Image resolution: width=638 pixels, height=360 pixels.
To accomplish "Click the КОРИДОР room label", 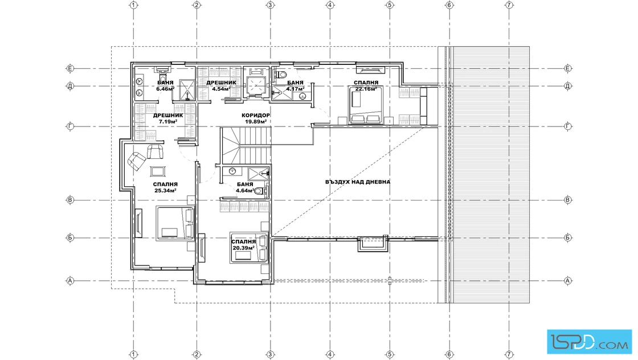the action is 256,115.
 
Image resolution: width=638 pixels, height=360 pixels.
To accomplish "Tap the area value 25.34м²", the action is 165,190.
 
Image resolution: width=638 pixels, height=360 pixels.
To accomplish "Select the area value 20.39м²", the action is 244,248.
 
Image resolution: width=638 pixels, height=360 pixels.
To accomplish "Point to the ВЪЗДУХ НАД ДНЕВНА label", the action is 358,182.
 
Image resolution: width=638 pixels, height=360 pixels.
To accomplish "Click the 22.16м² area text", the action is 366,89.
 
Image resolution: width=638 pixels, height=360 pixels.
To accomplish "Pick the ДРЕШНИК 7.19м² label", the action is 168,118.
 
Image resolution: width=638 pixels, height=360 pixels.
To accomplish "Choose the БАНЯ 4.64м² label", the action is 245,187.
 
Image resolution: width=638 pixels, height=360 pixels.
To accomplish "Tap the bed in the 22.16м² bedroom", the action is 366,105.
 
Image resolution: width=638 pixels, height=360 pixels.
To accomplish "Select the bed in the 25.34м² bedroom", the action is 175,223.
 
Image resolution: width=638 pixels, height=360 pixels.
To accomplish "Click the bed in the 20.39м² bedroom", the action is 249,247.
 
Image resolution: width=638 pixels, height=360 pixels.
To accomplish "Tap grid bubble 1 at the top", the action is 133,5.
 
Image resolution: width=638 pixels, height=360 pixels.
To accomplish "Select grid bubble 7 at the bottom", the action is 509,355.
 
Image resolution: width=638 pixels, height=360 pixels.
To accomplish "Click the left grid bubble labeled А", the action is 70,281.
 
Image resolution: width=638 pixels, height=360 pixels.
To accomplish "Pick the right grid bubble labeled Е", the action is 568,68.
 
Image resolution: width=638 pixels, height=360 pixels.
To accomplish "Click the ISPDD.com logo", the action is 589,341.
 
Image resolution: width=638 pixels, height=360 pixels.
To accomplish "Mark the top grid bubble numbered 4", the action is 330,5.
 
